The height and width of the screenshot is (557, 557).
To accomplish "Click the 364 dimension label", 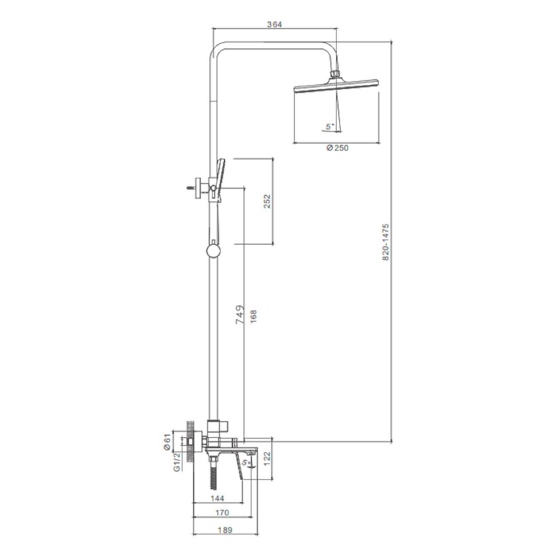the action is click(x=274, y=24).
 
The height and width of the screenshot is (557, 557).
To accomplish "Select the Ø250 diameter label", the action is click(x=337, y=148).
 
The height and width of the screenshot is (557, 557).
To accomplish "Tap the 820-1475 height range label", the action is click(x=386, y=242).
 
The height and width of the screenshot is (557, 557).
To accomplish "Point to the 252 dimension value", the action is click(x=267, y=201).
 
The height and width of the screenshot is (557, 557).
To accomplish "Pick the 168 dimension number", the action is click(x=253, y=317).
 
